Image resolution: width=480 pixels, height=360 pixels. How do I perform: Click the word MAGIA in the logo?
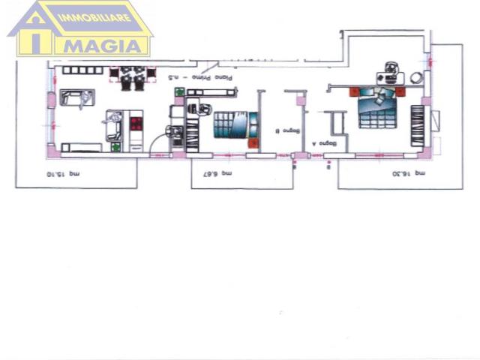click(106, 44)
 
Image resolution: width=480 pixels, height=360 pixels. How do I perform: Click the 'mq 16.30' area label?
click(412, 172)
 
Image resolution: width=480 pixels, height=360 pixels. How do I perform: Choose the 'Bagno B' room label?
click(277, 132)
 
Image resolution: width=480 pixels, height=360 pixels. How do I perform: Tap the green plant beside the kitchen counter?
click(115, 147)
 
